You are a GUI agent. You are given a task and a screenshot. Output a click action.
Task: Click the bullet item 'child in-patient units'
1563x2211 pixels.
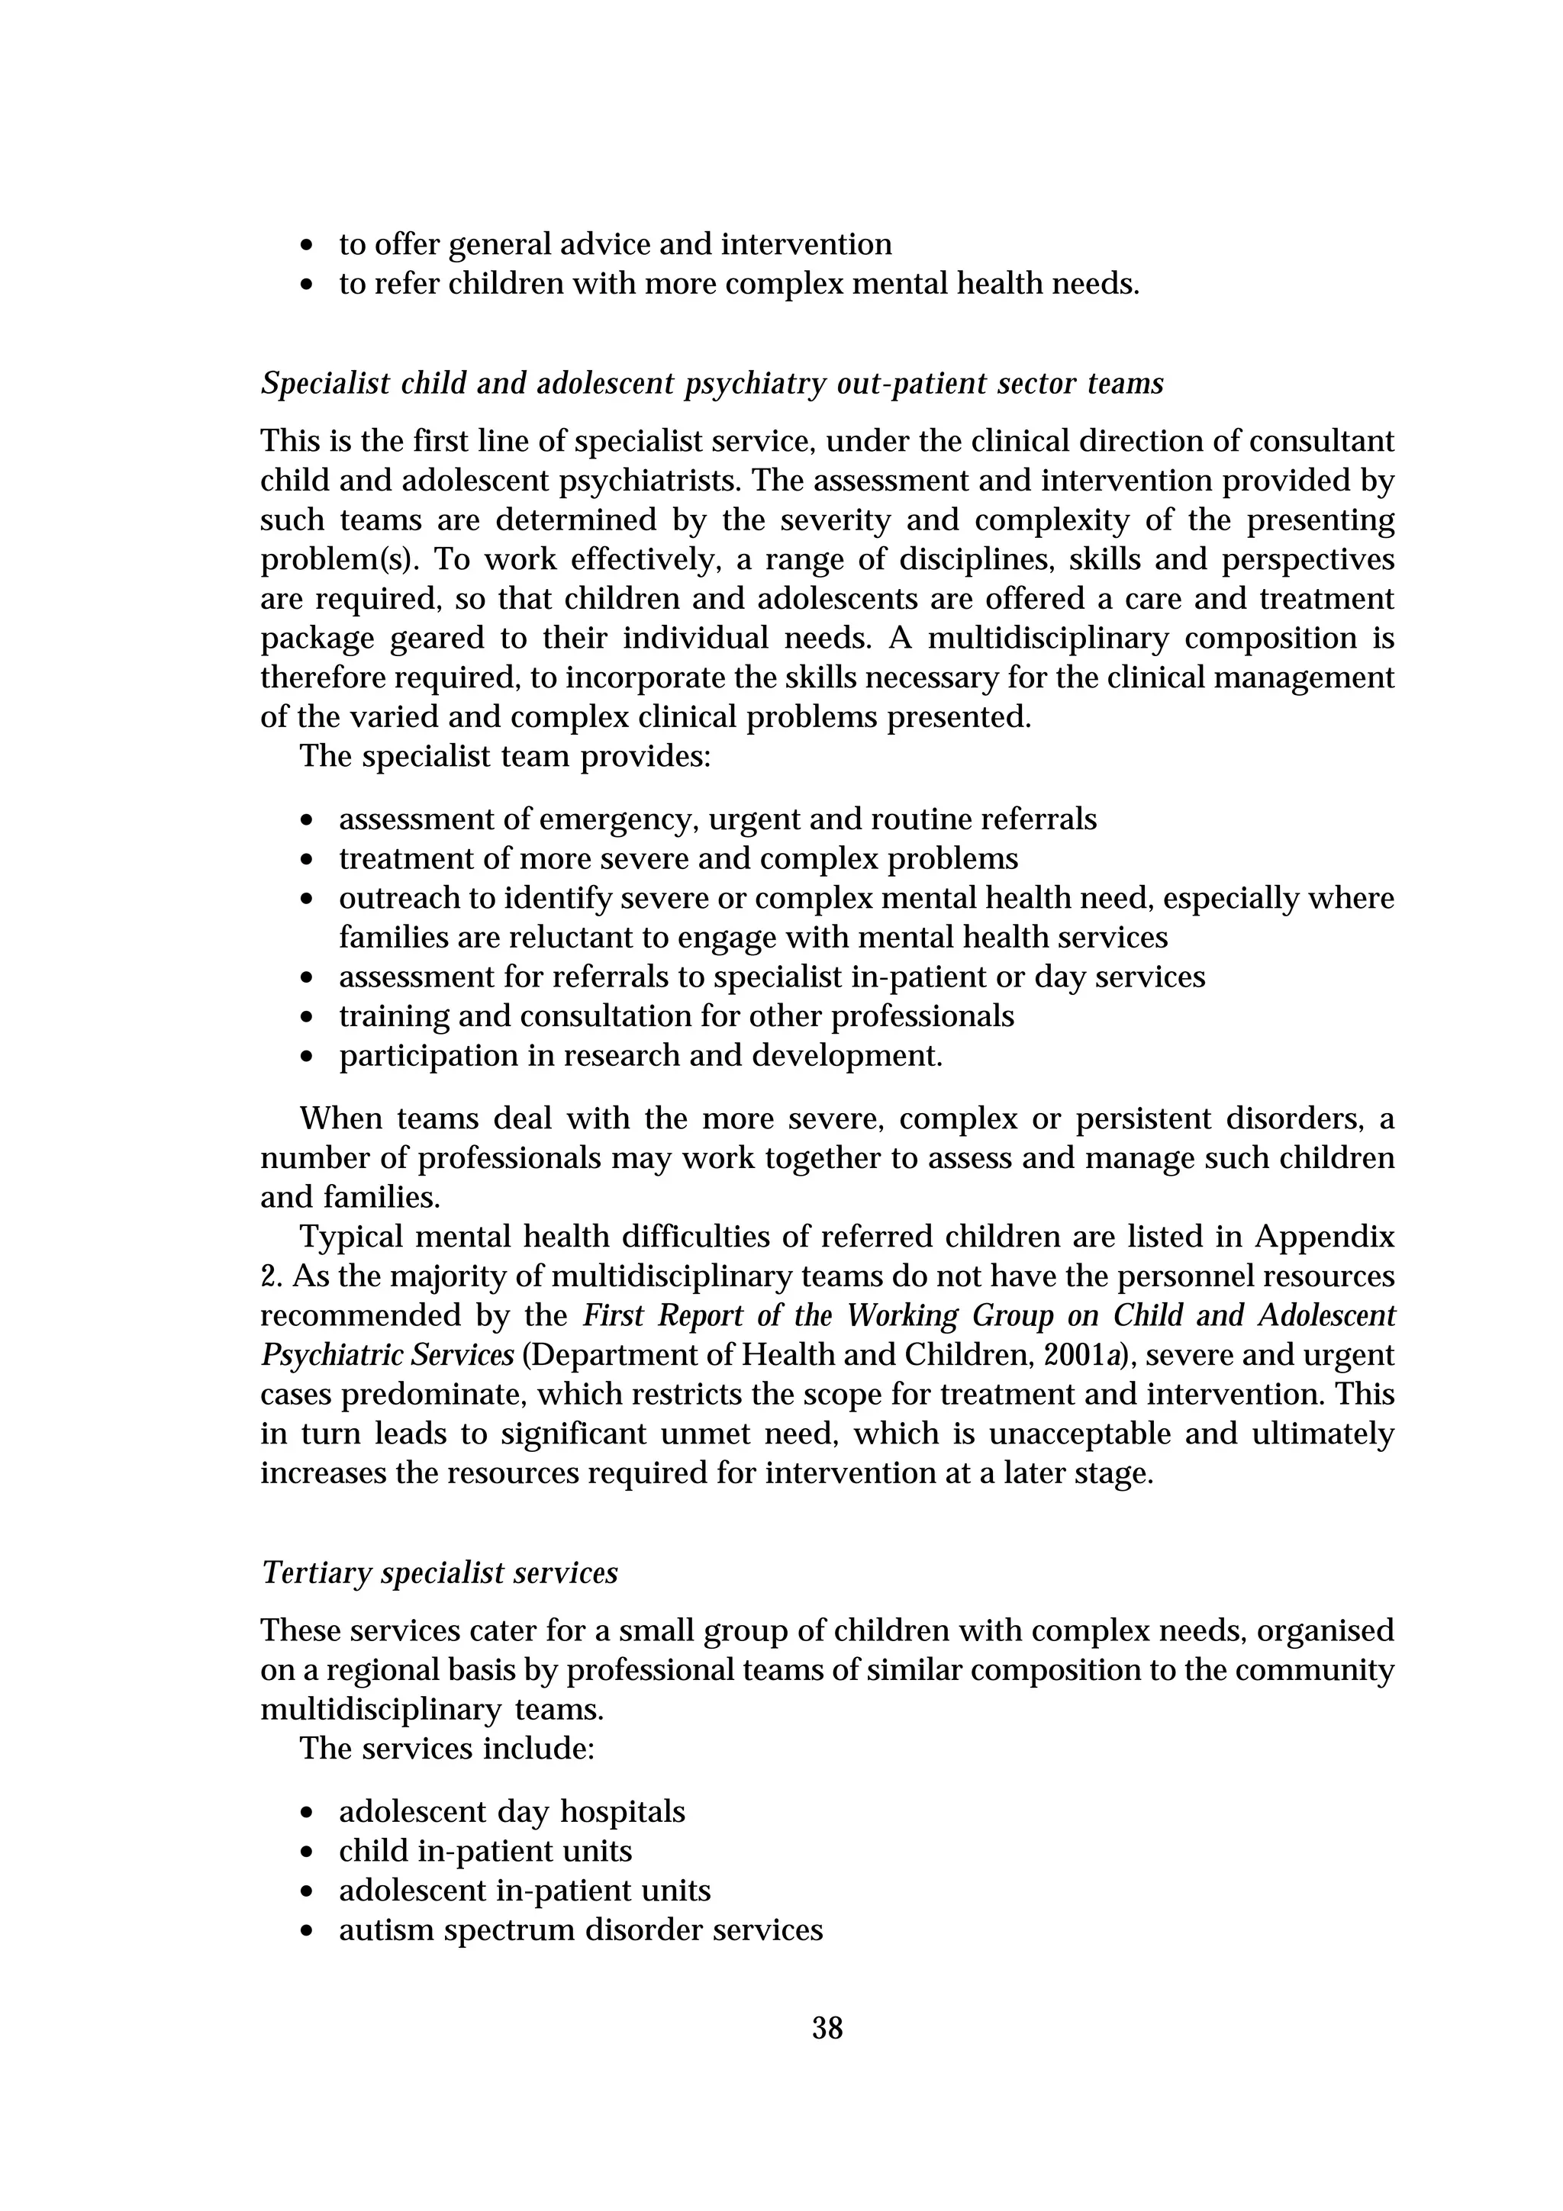pos(485,1851)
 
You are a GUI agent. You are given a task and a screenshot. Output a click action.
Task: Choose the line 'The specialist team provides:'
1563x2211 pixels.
pos(504,756)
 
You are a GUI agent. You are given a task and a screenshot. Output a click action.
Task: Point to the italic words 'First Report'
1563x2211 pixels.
pos(665,1315)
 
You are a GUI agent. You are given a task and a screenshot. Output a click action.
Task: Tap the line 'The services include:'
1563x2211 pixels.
pos(447,1748)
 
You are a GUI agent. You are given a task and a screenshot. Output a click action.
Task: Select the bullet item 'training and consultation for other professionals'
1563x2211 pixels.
pos(676,1017)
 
